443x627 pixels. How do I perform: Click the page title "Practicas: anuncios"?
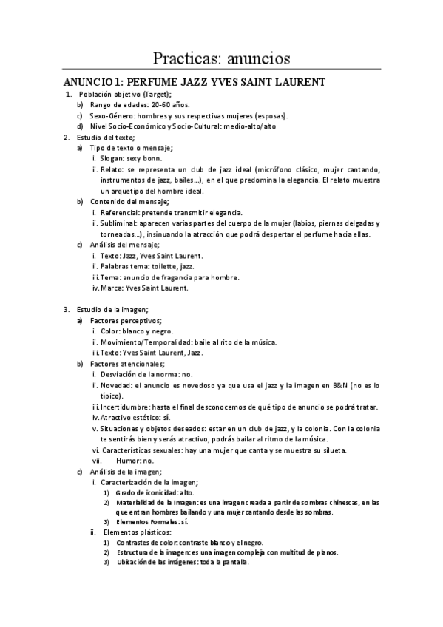point(221,57)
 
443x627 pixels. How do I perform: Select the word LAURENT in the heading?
point(295,82)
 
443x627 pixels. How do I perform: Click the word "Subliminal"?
point(120,223)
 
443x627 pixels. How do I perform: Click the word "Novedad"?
point(117,384)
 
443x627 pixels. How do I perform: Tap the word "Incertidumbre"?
point(123,407)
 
